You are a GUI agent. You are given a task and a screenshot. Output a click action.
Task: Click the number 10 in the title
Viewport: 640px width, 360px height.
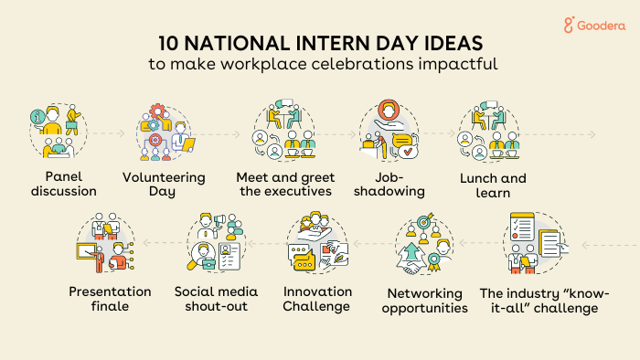170,45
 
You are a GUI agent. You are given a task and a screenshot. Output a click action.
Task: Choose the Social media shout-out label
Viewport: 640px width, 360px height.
216,299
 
